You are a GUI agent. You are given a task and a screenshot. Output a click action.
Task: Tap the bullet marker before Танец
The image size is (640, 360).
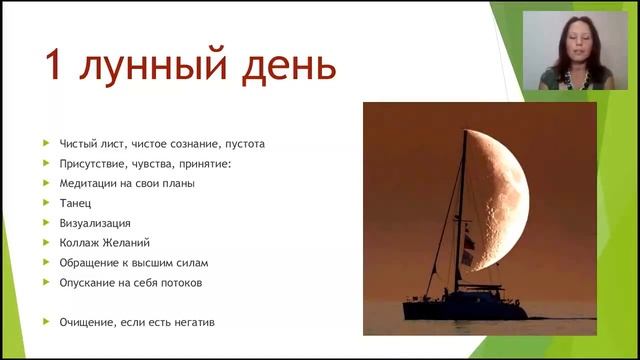[47, 203]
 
